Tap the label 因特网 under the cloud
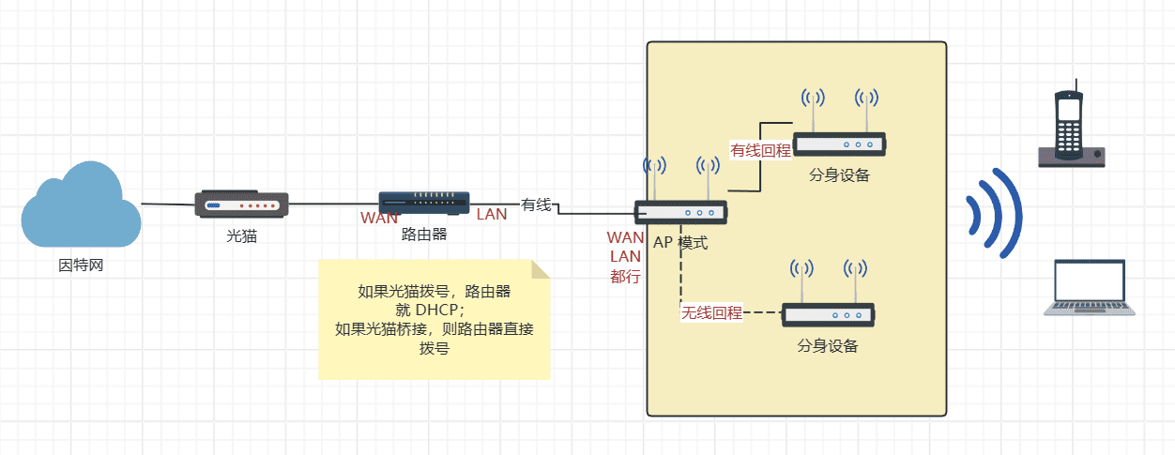(81, 265)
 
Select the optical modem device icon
(241, 204)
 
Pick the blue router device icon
(423, 203)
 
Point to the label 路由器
(423, 234)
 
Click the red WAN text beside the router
(379, 218)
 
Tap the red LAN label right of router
(492, 214)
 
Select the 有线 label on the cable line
(536, 205)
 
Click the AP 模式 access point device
(680, 212)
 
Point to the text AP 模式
(680, 243)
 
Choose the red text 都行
(625, 277)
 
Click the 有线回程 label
(761, 150)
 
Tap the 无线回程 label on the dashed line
(711, 312)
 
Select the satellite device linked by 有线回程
(839, 144)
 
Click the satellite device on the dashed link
(828, 314)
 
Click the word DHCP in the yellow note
(439, 310)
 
